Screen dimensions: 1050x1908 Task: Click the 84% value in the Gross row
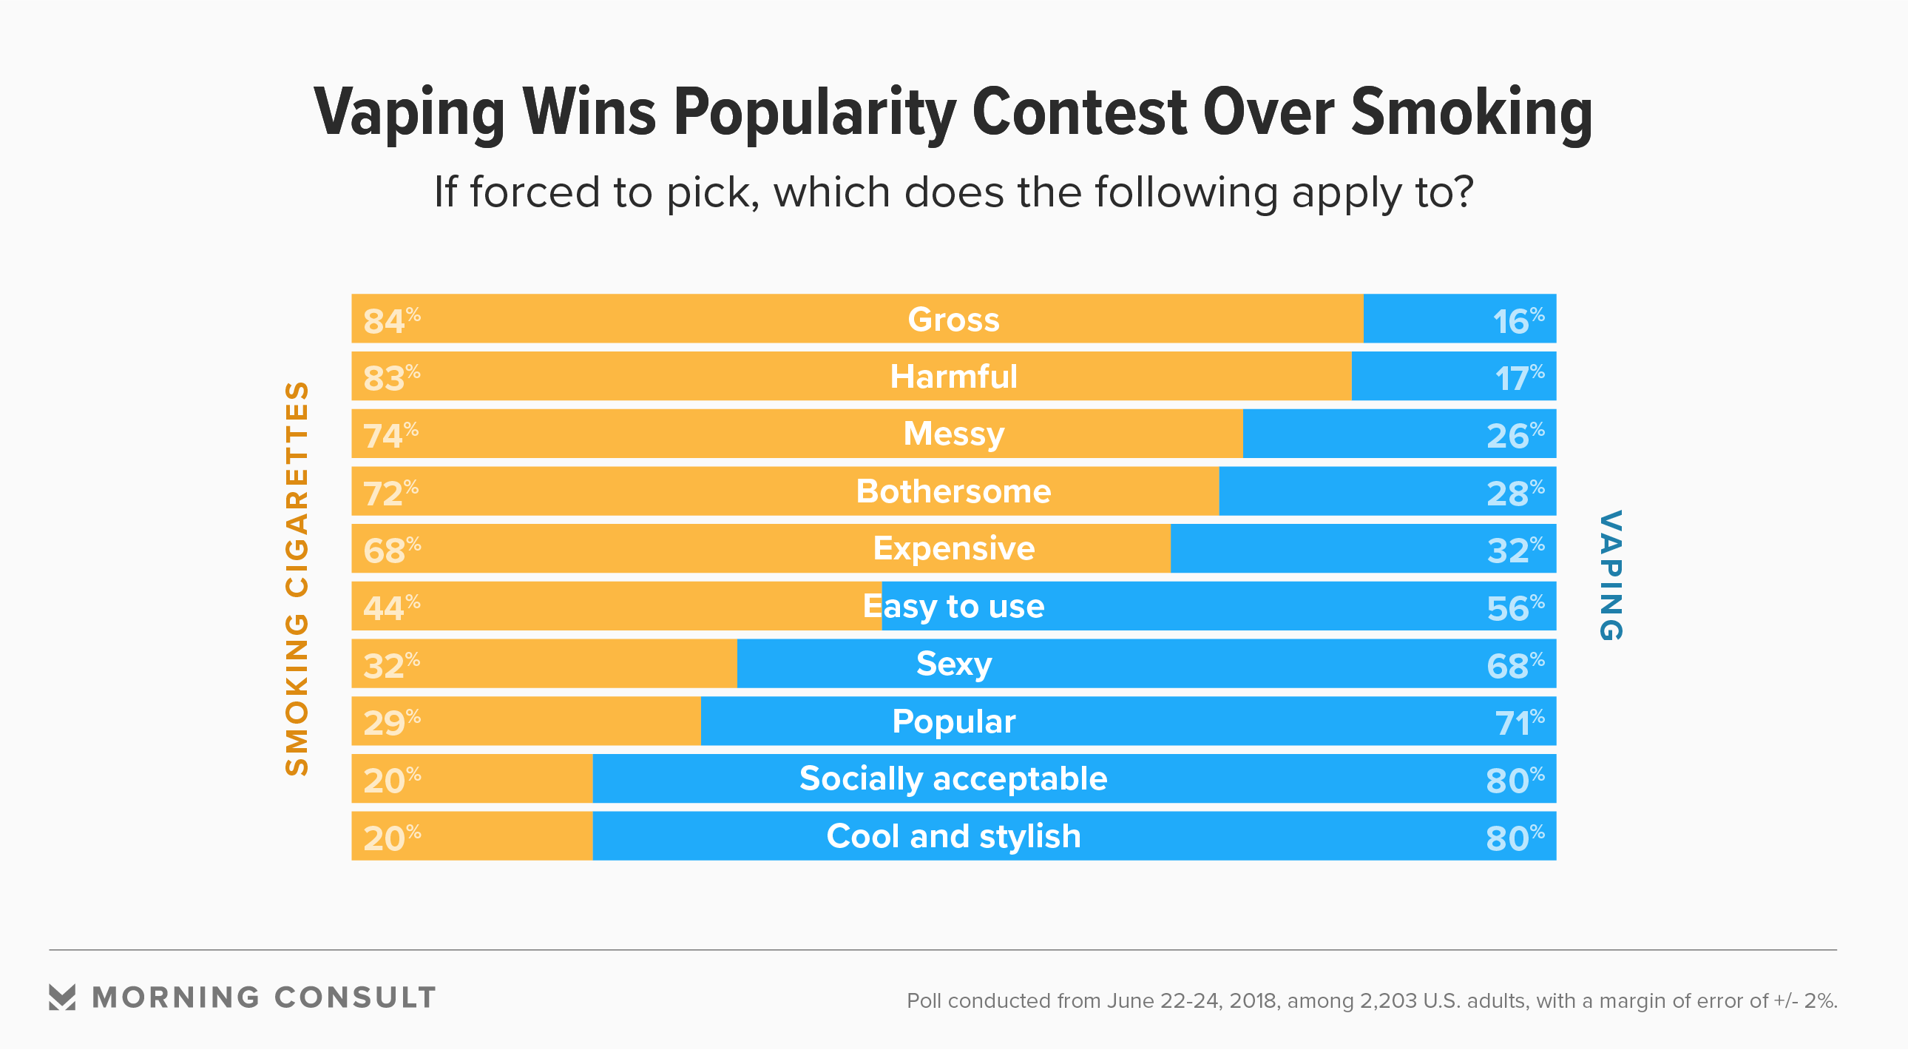391,321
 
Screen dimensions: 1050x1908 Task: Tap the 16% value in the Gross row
1518,321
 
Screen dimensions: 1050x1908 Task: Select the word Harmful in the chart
953,377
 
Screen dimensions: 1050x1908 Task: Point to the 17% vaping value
1519,378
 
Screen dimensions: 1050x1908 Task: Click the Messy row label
953,434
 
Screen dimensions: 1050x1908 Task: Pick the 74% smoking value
390,435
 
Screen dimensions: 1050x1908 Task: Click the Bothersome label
953,491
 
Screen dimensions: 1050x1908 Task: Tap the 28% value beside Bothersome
1515,493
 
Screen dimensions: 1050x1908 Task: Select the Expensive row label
953,548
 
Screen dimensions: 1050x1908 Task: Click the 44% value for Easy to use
391,608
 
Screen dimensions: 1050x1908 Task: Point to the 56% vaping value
1515,608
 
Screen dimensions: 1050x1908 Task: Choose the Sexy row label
953,664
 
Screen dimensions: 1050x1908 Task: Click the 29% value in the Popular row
391,722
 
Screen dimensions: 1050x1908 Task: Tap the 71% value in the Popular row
1519,722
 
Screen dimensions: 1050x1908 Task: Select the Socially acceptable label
953,778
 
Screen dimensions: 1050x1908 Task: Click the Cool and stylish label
953,837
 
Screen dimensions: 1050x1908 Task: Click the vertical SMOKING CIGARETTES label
297,578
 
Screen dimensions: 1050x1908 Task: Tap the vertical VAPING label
1611,575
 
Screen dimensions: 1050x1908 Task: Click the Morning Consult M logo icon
62,997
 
